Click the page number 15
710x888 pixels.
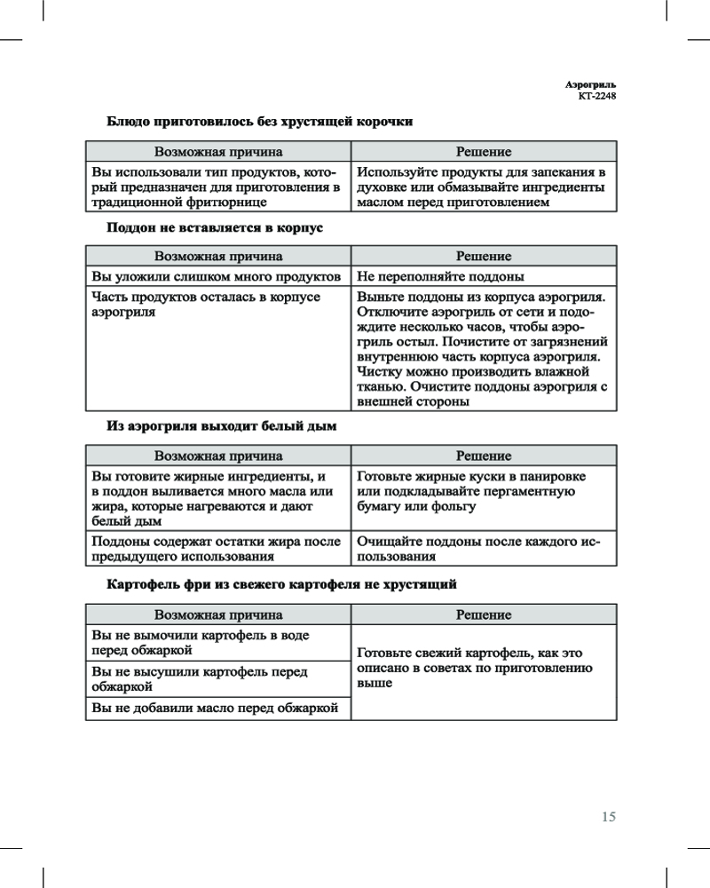(608, 817)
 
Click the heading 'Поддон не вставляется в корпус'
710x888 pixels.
(215, 227)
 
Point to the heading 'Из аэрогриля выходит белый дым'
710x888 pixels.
(222, 426)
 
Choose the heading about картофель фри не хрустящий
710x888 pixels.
(281, 585)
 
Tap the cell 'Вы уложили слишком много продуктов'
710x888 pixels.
(217, 277)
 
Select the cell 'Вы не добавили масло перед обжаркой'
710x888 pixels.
(217, 708)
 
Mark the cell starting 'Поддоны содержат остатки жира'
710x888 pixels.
(217, 550)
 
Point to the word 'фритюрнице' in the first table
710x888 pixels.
(230, 202)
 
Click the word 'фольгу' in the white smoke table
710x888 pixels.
(451, 506)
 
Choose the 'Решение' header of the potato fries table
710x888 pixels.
(484, 614)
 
